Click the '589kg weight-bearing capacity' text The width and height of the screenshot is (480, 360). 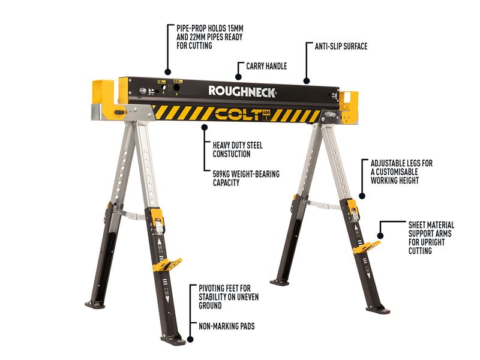pos(238,179)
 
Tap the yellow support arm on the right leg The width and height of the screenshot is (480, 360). pos(366,246)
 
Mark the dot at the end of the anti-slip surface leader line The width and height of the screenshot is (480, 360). pos(306,80)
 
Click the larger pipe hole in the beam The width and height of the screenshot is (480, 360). pos(177,88)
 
